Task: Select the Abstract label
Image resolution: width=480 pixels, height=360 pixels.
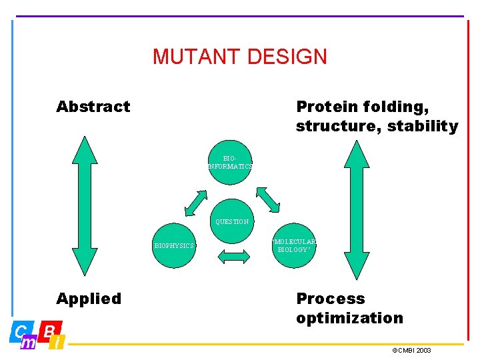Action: coord(93,107)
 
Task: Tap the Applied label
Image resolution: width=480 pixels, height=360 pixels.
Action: coord(89,299)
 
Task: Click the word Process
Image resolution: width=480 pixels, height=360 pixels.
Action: coord(331,299)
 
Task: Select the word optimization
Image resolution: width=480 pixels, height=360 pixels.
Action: coord(350,318)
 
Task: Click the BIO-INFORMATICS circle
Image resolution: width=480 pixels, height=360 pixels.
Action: coord(230,162)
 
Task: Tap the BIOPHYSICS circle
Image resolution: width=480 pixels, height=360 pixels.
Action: coord(173,245)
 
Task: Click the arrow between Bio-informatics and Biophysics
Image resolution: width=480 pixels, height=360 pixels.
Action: coord(196,203)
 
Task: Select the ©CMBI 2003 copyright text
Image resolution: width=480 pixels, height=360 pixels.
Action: coord(411,350)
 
